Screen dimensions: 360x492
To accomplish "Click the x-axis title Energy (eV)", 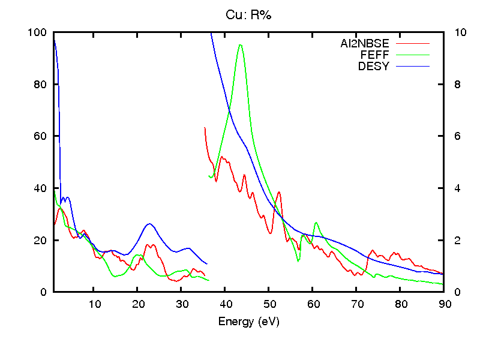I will pos(248,322).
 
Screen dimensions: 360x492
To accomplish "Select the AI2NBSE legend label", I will pos(365,43).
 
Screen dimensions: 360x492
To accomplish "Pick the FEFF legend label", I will pos(374,55).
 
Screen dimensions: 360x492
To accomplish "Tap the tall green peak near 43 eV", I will pos(240,45).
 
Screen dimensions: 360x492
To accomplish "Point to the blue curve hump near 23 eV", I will pos(149,224).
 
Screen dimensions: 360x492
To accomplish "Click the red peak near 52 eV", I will pos(279,192).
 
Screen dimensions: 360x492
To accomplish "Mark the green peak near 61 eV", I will pos(316,223).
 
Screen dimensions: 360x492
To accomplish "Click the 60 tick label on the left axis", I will pos(40,136).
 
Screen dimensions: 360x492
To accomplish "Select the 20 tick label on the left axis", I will pos(40,240).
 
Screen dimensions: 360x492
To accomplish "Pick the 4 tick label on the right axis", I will pos(455,188).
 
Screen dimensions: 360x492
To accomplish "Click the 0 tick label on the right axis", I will pos(455,292).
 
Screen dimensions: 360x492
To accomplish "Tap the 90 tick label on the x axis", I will pos(444,304).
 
